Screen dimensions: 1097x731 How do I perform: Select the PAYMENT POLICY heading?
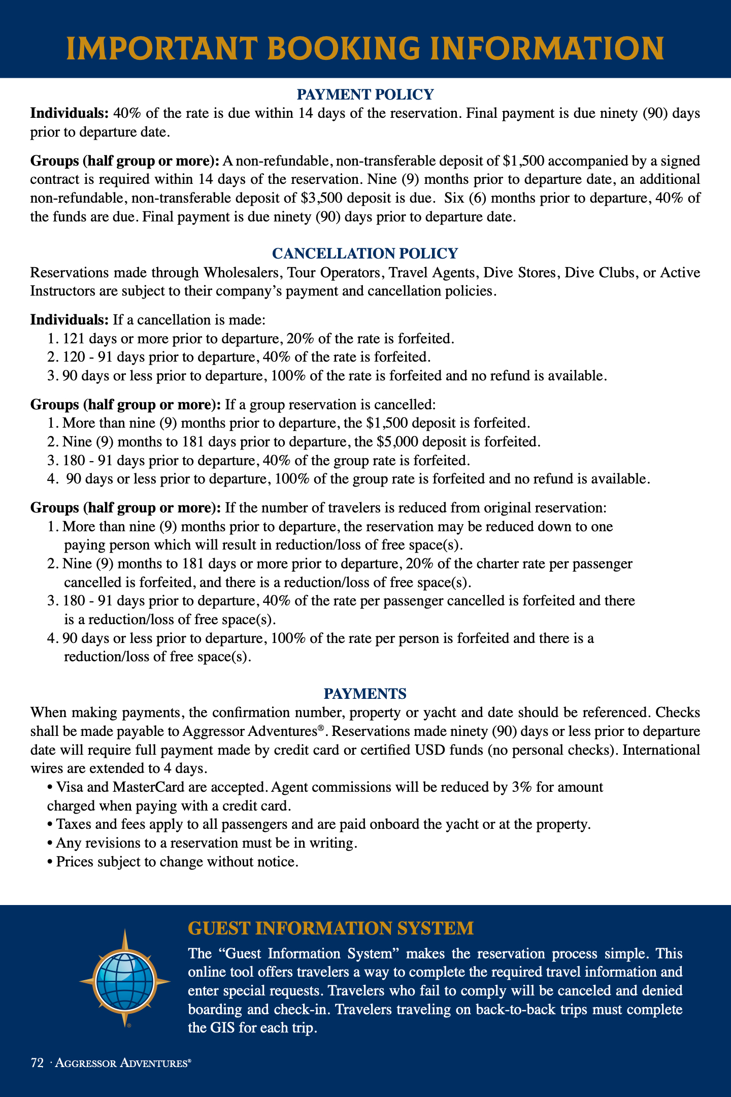365,94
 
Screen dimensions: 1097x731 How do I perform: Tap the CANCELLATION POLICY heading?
365,253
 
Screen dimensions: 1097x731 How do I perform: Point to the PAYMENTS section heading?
365,693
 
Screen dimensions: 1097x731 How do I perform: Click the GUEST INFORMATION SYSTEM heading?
330,928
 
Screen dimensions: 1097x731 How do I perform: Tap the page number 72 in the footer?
37,1063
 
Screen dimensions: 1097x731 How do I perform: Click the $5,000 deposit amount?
397,441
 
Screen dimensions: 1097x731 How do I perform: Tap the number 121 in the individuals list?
74,338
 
